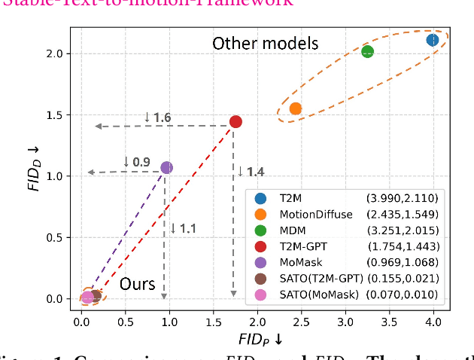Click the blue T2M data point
tap(433, 40)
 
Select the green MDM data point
tap(368, 52)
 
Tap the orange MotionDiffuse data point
tap(296, 108)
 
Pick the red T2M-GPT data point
tap(235, 122)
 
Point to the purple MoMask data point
tap(166, 167)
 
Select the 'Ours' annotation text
tap(138, 285)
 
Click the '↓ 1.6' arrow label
tap(157, 117)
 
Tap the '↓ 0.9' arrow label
tap(136, 162)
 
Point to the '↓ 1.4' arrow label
tap(251, 172)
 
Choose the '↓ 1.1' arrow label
tap(184, 228)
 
